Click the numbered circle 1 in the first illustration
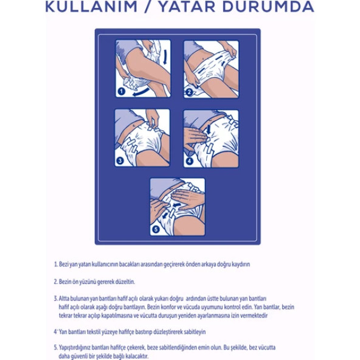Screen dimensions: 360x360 (x=121, y=91)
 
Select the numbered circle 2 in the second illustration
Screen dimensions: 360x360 (x=189, y=92)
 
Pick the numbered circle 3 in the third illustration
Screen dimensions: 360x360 (x=120, y=161)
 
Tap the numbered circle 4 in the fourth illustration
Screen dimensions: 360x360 (x=189, y=162)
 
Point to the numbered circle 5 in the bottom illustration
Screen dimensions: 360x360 (x=155, y=229)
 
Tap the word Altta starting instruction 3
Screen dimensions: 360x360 (x=65, y=299)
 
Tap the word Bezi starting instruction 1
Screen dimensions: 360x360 (x=64, y=265)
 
